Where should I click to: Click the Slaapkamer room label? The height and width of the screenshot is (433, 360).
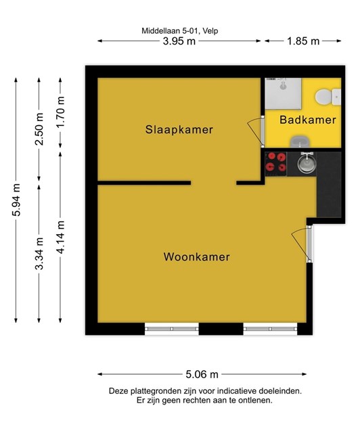[179, 129]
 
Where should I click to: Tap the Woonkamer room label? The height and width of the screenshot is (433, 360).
[197, 257]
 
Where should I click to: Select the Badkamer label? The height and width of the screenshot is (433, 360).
[308, 120]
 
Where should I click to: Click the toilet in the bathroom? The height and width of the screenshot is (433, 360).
[328, 97]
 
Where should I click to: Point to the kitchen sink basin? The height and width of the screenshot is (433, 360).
[307, 162]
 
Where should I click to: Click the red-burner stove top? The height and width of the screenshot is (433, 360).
[275, 164]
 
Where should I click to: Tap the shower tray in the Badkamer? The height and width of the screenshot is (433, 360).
[283, 93]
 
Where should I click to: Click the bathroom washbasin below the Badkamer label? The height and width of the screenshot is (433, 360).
[300, 141]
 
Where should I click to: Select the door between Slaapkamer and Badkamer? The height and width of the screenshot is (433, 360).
[256, 131]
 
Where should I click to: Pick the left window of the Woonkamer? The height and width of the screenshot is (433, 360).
[172, 329]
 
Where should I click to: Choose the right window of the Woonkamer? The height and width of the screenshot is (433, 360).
[270, 329]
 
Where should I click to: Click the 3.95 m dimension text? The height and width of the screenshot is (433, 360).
[179, 41]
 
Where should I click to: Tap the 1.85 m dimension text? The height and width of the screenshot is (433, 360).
[303, 41]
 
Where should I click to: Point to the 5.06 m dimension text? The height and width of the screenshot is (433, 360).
[202, 374]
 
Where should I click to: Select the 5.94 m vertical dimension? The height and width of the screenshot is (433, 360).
[16, 200]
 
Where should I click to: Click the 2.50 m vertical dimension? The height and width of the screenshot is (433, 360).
[39, 129]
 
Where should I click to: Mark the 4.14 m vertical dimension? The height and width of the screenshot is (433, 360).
[60, 237]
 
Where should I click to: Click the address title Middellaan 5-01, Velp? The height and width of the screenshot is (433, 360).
[180, 30]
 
